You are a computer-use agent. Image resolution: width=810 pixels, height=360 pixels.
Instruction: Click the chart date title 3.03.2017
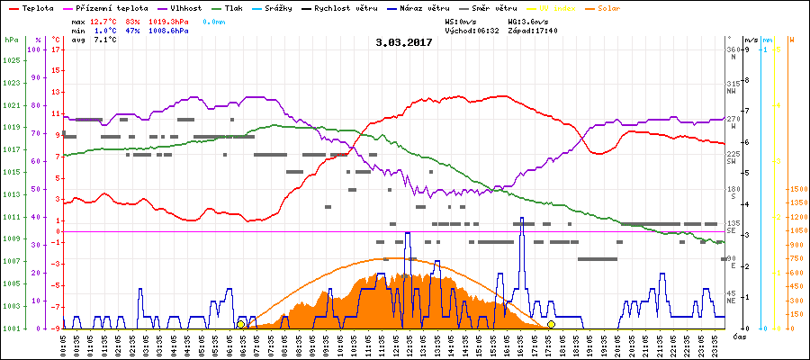click(x=404, y=41)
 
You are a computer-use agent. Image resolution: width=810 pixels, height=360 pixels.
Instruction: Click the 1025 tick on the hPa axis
click(x=11, y=60)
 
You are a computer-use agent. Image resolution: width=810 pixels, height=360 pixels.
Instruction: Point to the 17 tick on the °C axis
click(x=56, y=49)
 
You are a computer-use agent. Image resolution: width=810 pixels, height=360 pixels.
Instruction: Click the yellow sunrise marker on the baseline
click(x=240, y=324)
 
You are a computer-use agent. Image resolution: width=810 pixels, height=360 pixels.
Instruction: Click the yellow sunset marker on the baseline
click(x=551, y=324)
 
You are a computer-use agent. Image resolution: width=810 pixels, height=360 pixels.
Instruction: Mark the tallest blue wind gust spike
click(x=522, y=220)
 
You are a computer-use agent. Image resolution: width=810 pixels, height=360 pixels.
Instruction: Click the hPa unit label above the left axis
click(x=11, y=40)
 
